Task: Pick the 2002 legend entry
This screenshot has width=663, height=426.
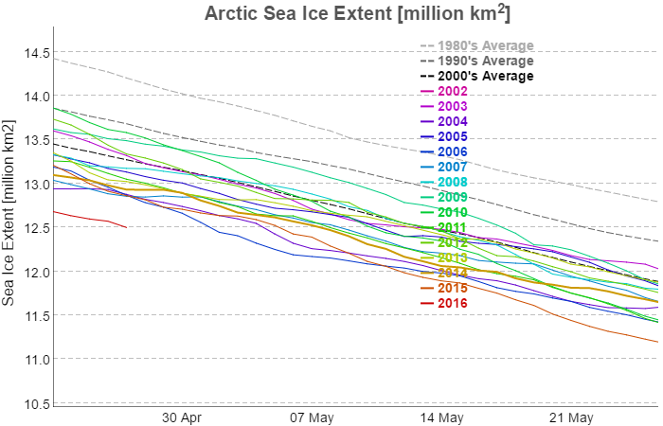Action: [452, 92]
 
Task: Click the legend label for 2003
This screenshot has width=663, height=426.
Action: [452, 107]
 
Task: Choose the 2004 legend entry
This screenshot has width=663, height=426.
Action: [452, 122]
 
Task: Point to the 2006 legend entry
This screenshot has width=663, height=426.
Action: [452, 152]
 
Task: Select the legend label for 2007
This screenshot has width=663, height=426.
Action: [452, 168]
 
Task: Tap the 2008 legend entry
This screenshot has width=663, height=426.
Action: [452, 182]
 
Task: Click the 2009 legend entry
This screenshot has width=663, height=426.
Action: [452, 197]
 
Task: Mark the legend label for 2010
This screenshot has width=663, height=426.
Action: [452, 212]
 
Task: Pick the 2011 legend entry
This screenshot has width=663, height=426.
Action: [452, 227]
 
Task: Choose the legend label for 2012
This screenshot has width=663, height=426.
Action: [452, 242]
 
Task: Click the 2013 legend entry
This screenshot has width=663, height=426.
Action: [452, 257]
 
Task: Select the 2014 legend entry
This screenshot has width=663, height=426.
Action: [452, 273]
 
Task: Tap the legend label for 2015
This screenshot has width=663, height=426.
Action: [452, 288]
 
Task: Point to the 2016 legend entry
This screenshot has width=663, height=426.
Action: [452, 303]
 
